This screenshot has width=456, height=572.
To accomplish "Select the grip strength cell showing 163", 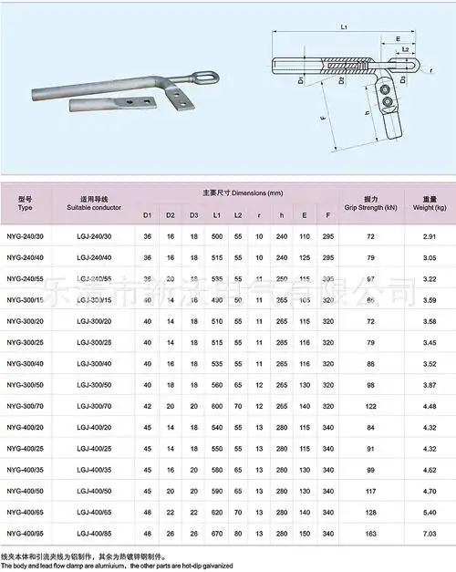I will pyautogui.click(x=369, y=532).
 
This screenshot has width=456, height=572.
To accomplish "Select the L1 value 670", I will pyautogui.click(x=217, y=532).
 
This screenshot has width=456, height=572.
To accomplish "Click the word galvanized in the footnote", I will pyautogui.click(x=246, y=567).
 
